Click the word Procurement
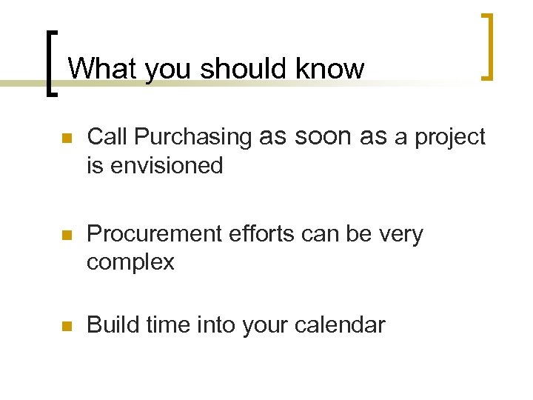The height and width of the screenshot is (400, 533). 152,234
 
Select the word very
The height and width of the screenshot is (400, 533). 398,235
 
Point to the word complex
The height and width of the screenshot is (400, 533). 130,262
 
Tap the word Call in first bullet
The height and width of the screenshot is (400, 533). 108,137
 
